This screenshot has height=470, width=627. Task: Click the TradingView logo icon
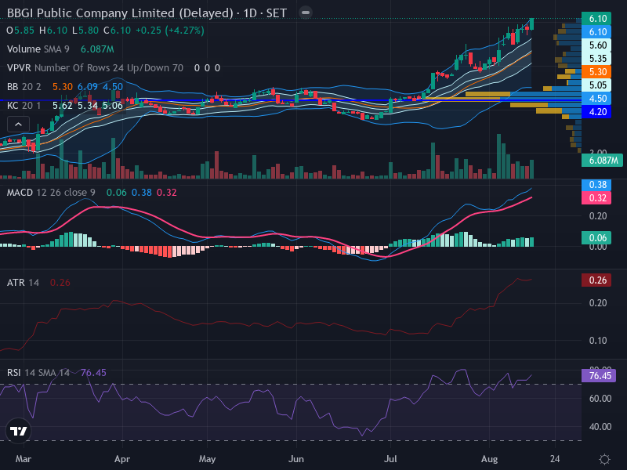(18, 431)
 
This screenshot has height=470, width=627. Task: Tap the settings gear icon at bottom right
(604, 459)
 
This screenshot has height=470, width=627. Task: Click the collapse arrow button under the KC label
(18, 125)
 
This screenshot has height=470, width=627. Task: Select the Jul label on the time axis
(390, 459)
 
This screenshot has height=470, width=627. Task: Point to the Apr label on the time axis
(122, 459)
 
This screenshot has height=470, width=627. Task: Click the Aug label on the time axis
(489, 459)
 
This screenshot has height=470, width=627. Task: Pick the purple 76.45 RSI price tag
(599, 376)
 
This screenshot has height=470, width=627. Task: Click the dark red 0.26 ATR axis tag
(596, 280)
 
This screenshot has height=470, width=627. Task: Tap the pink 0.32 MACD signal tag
(596, 198)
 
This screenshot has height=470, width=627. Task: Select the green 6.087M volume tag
(602, 161)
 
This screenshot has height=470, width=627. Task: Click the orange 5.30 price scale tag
(596, 72)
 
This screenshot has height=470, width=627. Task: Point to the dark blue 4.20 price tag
(596, 112)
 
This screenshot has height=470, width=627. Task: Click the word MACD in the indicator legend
(20, 193)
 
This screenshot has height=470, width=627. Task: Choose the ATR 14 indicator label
(24, 283)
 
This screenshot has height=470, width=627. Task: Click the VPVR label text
(19, 68)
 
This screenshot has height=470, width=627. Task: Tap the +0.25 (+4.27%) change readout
(170, 31)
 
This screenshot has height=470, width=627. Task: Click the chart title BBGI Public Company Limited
(91, 13)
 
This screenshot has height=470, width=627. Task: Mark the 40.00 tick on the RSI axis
(600, 427)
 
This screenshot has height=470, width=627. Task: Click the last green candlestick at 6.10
(531, 24)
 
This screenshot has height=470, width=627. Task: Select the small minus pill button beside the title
(306, 13)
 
